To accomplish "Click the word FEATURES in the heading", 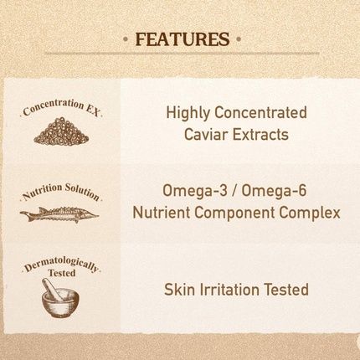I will tap(182, 39).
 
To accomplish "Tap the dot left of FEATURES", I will tap(126, 40).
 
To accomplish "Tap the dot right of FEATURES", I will tap(239, 40).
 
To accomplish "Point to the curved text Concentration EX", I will tap(60, 108).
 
